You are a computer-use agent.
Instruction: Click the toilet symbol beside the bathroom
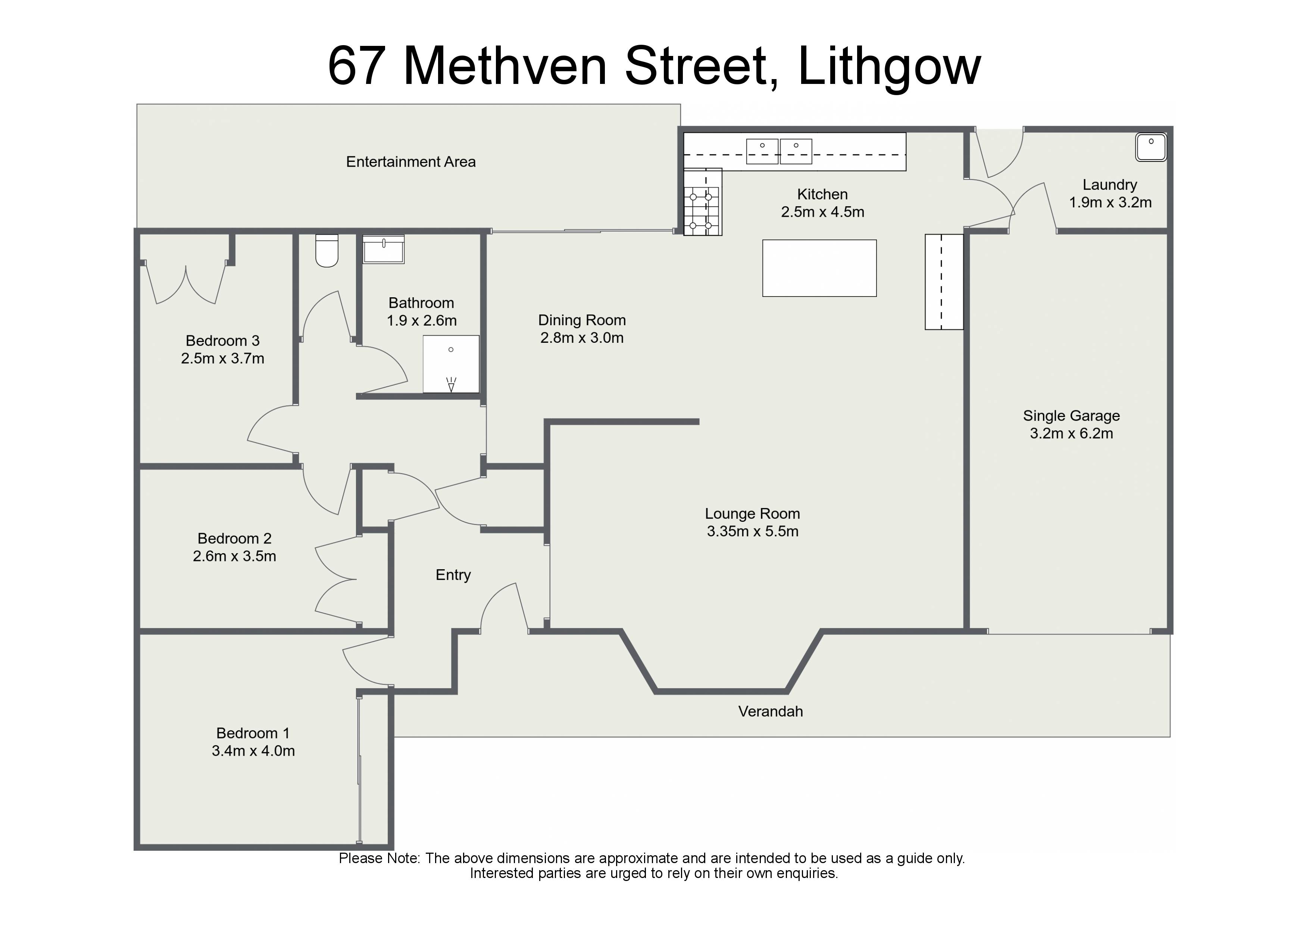click(327, 250)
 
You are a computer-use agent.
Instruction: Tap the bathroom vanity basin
click(384, 249)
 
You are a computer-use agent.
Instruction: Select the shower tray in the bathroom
click(451, 364)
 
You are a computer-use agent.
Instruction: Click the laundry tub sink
click(1151, 147)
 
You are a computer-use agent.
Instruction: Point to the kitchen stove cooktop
click(702, 202)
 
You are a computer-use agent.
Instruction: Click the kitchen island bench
click(819, 268)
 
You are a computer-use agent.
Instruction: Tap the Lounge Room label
click(753, 514)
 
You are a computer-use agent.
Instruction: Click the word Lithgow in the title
click(889, 67)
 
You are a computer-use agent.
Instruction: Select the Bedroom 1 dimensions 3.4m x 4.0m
click(253, 750)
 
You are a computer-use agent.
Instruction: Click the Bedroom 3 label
click(222, 341)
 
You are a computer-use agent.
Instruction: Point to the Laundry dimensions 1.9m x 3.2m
click(1110, 202)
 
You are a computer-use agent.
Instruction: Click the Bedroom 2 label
click(234, 539)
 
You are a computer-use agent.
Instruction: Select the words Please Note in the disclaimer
click(379, 858)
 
